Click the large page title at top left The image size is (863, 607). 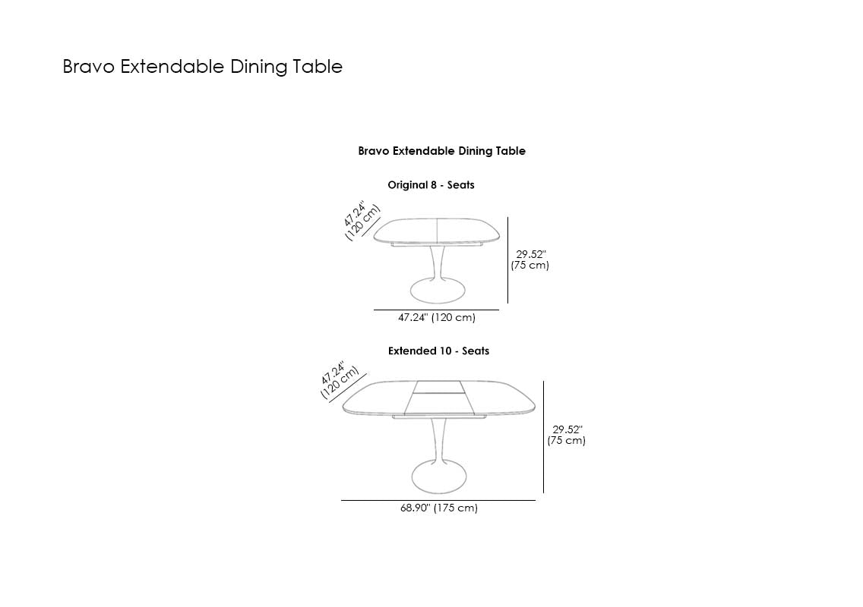click(203, 67)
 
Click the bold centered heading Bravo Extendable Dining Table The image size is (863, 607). click(441, 151)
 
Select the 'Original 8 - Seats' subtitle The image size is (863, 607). click(431, 184)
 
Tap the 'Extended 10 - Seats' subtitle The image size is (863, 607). click(438, 351)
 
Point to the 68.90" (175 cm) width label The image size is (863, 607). click(438, 508)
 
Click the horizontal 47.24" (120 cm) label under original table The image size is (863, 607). click(437, 317)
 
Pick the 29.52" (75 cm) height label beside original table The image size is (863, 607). click(529, 259)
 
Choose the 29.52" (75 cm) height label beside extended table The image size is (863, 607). click(567, 435)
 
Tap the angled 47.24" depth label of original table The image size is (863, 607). click(362, 221)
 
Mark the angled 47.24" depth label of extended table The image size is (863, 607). click(339, 380)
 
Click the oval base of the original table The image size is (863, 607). click(438, 291)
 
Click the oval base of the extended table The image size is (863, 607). click(438, 476)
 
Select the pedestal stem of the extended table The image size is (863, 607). click(438, 440)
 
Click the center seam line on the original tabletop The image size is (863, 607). click(437, 231)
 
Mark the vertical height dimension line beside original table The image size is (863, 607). click(507, 260)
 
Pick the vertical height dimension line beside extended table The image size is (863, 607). click(544, 436)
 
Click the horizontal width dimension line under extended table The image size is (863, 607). click(438, 500)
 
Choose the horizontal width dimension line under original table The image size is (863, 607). click(437, 310)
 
